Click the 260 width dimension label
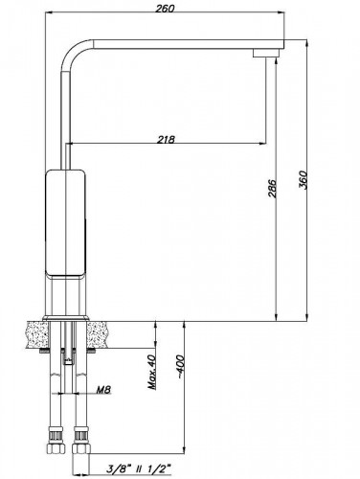tap(165, 8)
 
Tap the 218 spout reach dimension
tap(166, 139)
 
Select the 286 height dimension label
tap(272, 189)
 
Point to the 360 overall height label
tap(303, 180)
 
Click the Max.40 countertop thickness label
tap(152, 372)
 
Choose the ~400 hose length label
tap(180, 366)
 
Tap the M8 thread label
tap(103, 389)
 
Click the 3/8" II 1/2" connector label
tap(139, 469)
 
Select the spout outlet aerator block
tap(267, 53)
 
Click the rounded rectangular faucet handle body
tap(66, 223)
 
